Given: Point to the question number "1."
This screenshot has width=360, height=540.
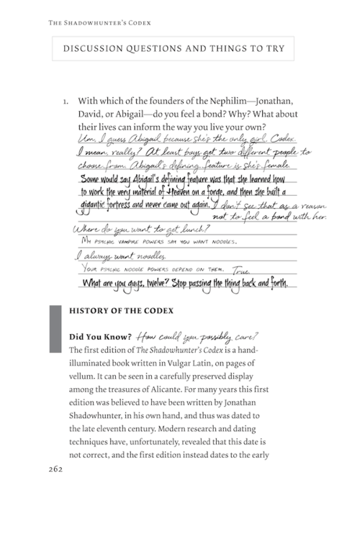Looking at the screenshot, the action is click(66, 102).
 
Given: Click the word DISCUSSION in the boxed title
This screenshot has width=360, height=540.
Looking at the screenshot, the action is click(97, 49).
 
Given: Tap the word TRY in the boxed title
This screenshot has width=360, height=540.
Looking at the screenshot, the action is click(273, 49).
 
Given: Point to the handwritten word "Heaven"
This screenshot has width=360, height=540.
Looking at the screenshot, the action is click(189, 192).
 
